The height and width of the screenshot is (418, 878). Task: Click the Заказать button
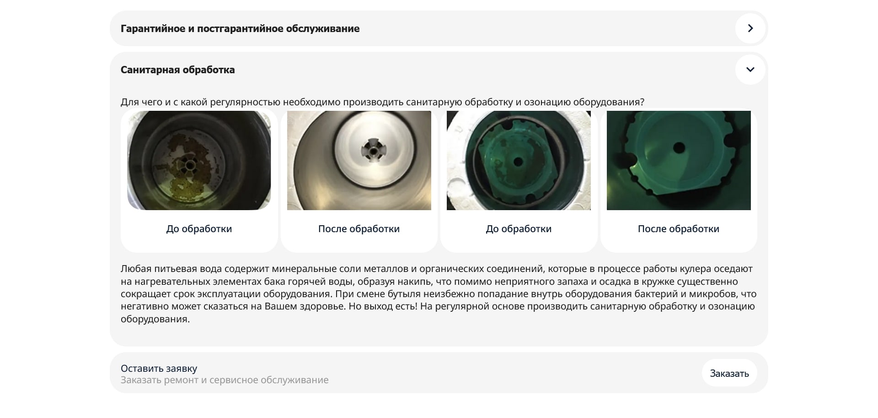pos(729,373)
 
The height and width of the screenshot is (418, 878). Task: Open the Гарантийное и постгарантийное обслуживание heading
pos(240,28)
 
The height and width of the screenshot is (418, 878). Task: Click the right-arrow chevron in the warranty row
pos(750,28)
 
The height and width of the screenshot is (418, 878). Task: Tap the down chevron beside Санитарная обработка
pos(750,70)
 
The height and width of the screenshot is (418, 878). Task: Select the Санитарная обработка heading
pos(177,70)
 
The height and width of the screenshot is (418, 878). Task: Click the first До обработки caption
pos(199,228)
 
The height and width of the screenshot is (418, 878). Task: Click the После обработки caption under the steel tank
pos(359,228)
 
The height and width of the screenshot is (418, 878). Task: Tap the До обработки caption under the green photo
pos(519,228)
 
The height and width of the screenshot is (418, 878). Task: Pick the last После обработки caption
pos(678,228)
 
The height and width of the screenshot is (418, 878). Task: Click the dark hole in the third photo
pos(518,162)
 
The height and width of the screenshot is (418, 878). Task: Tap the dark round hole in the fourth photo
pos(679,148)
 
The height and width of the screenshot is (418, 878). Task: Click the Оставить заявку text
pos(159,368)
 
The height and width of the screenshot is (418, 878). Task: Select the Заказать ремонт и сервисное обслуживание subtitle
pos(224,380)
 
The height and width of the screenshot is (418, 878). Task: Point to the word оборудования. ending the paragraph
pos(155,319)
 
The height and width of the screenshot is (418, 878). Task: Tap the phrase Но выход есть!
pos(383,306)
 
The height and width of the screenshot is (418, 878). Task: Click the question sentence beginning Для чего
pos(382,102)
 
